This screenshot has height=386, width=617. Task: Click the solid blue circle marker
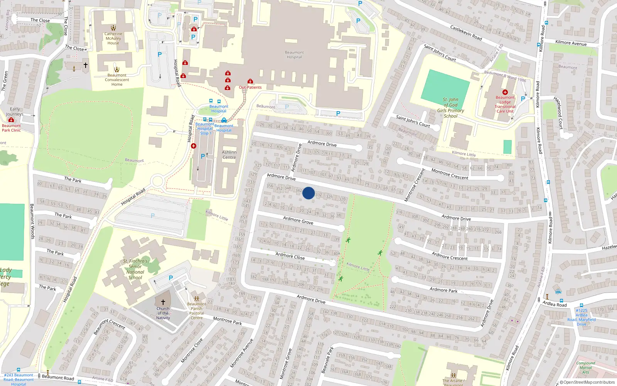(x=308, y=193)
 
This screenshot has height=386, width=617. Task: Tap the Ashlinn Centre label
(x=229, y=155)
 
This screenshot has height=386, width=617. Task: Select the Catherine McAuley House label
(x=113, y=38)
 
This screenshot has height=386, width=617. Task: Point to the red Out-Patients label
(x=250, y=87)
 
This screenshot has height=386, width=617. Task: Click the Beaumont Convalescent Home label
(x=117, y=80)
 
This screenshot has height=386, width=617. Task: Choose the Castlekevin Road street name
(x=466, y=32)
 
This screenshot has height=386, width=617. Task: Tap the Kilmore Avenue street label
(x=571, y=43)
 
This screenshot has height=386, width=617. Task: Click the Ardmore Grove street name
(x=298, y=220)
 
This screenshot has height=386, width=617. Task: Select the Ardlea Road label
(x=555, y=304)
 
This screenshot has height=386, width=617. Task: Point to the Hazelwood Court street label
(x=558, y=113)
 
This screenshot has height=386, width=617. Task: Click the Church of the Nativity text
(x=163, y=313)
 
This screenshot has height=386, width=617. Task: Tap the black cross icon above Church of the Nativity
(x=163, y=302)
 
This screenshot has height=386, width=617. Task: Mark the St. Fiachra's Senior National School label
(x=135, y=269)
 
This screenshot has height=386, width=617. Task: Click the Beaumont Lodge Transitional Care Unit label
(x=505, y=104)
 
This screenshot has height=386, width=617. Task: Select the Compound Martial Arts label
(x=585, y=367)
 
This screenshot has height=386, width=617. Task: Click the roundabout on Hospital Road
(x=157, y=181)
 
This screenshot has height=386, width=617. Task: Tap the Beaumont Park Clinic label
(x=11, y=128)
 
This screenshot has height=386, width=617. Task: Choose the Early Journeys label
(x=15, y=112)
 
